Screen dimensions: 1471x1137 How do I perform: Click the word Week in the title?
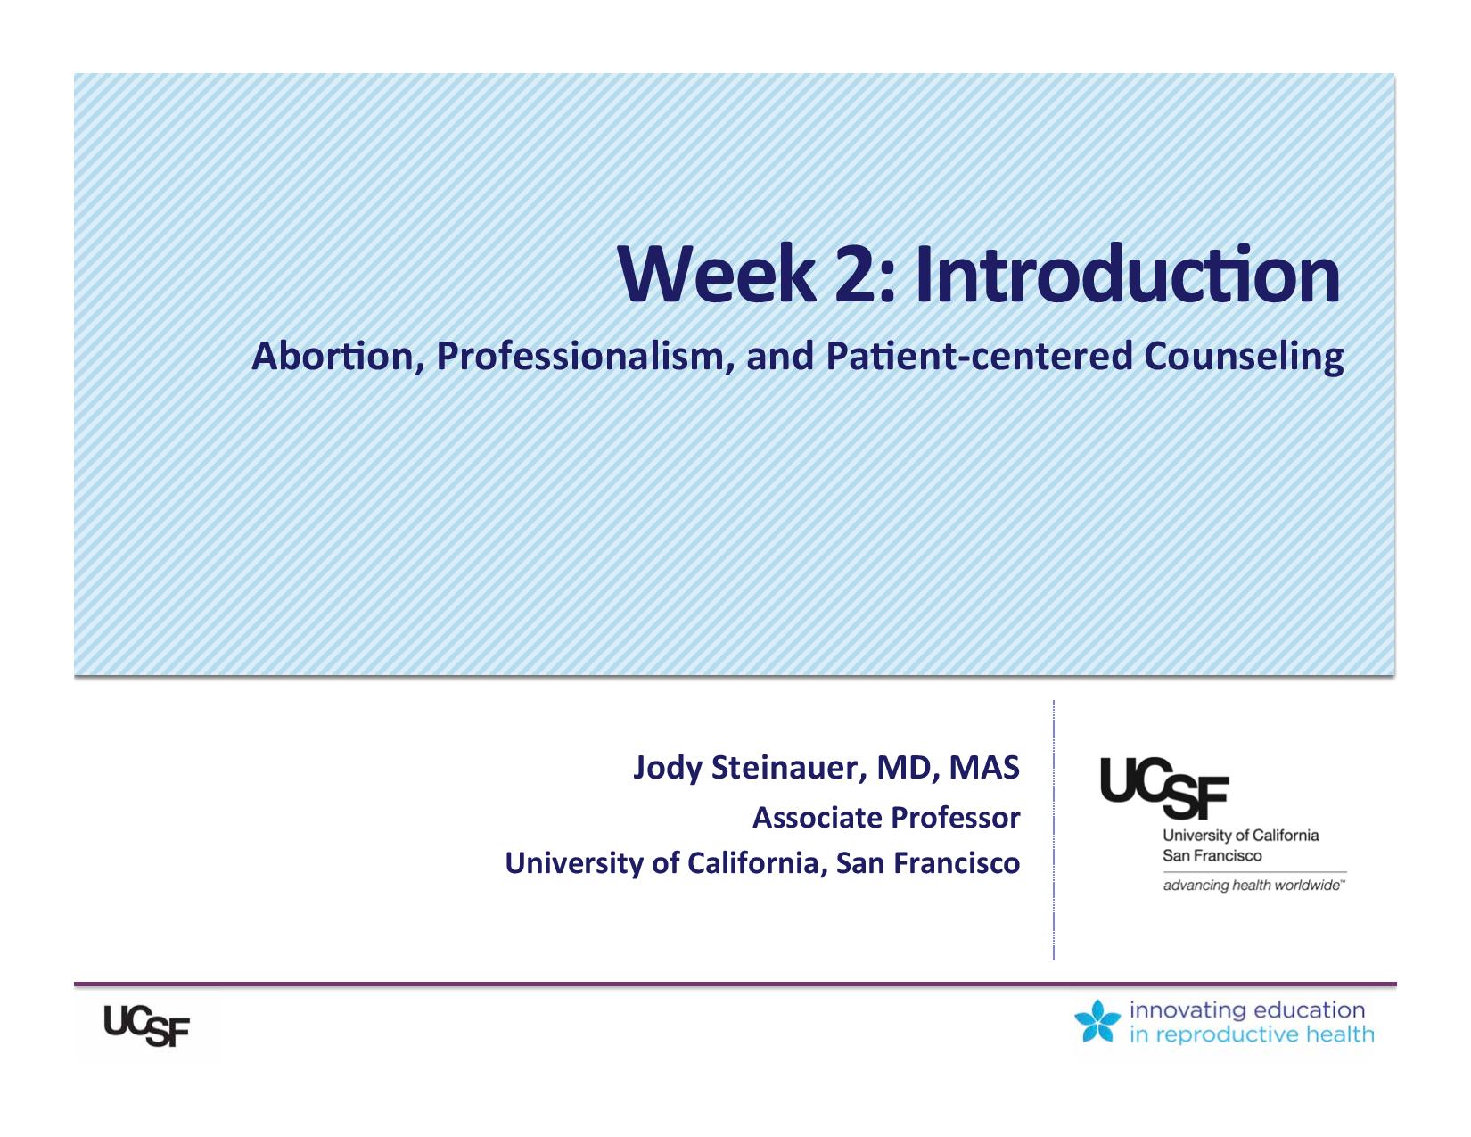point(717,275)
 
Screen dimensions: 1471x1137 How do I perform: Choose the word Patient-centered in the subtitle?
point(979,356)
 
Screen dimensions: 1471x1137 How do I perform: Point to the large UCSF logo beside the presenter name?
point(1163,788)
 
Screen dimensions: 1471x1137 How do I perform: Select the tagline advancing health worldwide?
point(1253,886)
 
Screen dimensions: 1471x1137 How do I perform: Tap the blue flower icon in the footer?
point(1097,1020)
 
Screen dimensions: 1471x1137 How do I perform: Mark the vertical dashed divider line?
point(1054,829)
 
